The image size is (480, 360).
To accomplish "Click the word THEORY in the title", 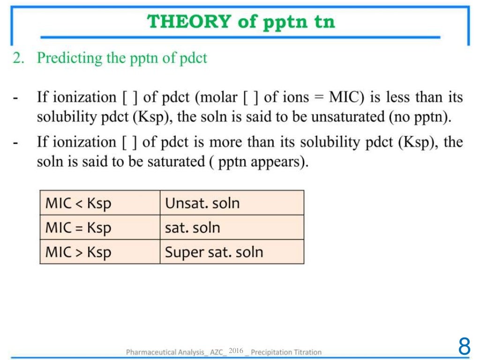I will point(189,22).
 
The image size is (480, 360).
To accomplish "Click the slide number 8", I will point(464,347).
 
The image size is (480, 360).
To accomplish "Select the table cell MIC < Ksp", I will point(78,203).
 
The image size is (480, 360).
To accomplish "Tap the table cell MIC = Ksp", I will point(78,228).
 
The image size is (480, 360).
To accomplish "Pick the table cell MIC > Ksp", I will point(78,252).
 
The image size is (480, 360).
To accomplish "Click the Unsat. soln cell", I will point(202,203).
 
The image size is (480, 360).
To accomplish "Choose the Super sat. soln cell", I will point(214,252).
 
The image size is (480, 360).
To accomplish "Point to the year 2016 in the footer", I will point(236,351).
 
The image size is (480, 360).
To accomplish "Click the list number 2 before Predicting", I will point(17,58).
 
